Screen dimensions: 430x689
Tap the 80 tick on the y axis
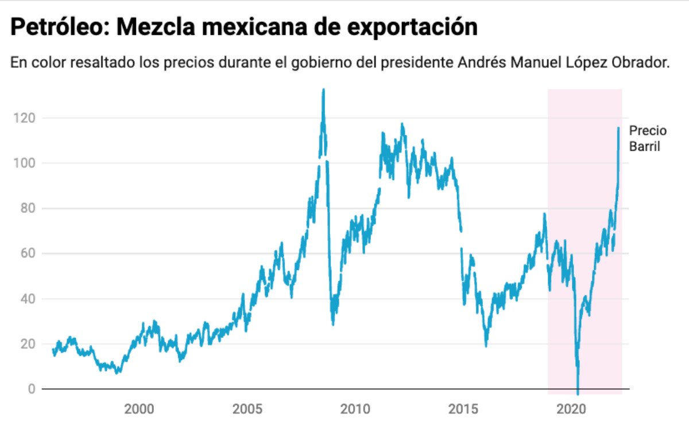(x=26, y=209)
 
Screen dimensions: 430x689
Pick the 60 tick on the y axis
(x=26, y=253)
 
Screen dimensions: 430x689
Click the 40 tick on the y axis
(x=26, y=299)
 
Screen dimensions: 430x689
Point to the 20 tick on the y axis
(x=26, y=344)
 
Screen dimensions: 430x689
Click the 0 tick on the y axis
(x=31, y=389)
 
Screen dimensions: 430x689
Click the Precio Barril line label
(x=648, y=138)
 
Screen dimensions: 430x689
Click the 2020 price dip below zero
(x=578, y=392)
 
